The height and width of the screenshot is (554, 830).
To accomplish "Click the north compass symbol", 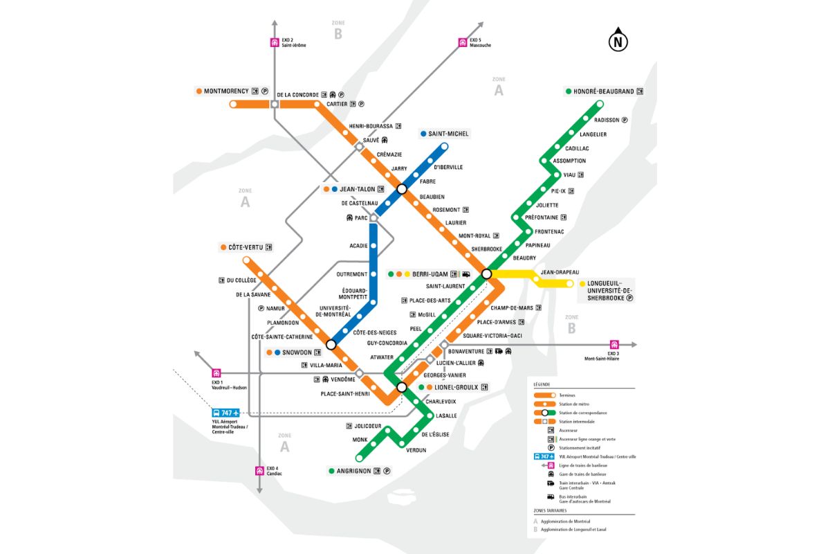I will [618, 42].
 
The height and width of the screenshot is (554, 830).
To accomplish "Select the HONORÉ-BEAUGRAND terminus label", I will [604, 91].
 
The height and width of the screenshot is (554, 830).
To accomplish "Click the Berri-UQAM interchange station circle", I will [486, 274].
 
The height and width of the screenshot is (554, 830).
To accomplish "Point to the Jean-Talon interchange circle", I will [401, 188].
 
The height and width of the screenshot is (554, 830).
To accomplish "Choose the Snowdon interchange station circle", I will [331, 344].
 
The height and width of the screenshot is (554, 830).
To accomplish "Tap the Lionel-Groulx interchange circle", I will [401, 387].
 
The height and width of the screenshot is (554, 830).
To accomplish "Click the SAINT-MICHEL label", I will [448, 134].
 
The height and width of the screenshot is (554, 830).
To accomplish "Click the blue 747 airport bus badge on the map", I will [225, 413].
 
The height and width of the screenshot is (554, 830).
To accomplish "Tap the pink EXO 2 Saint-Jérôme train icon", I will [275, 42].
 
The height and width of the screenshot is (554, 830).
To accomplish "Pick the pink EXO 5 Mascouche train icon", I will [462, 42].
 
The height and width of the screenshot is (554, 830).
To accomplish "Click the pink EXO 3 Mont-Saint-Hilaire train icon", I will [613, 344].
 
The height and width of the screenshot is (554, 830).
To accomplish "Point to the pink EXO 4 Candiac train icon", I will [259, 471].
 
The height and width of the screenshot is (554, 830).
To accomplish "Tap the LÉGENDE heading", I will [542, 384].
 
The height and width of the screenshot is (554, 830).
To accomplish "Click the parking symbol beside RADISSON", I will [624, 120].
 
